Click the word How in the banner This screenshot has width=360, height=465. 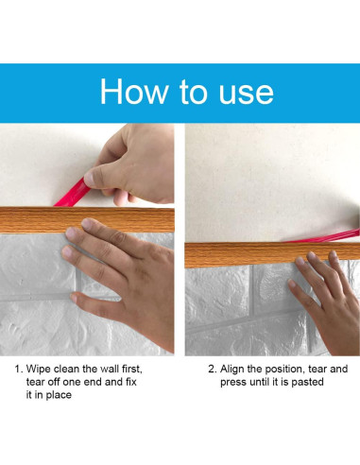coord(134,92)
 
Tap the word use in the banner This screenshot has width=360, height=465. coord(247,94)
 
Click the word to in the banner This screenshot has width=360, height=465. coord(194,92)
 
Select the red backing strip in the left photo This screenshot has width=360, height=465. coord(72,194)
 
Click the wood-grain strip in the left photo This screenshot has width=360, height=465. coord(87,220)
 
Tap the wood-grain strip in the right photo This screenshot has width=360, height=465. coord(272,254)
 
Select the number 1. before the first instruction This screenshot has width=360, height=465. coord(19,369)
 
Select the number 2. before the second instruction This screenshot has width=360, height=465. coord(213,369)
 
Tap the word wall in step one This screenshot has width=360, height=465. coord(110,369)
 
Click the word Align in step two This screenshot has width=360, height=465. coord(231,370)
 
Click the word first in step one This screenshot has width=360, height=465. coord(132,369)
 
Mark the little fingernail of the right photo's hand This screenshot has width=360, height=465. coord(292,284)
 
